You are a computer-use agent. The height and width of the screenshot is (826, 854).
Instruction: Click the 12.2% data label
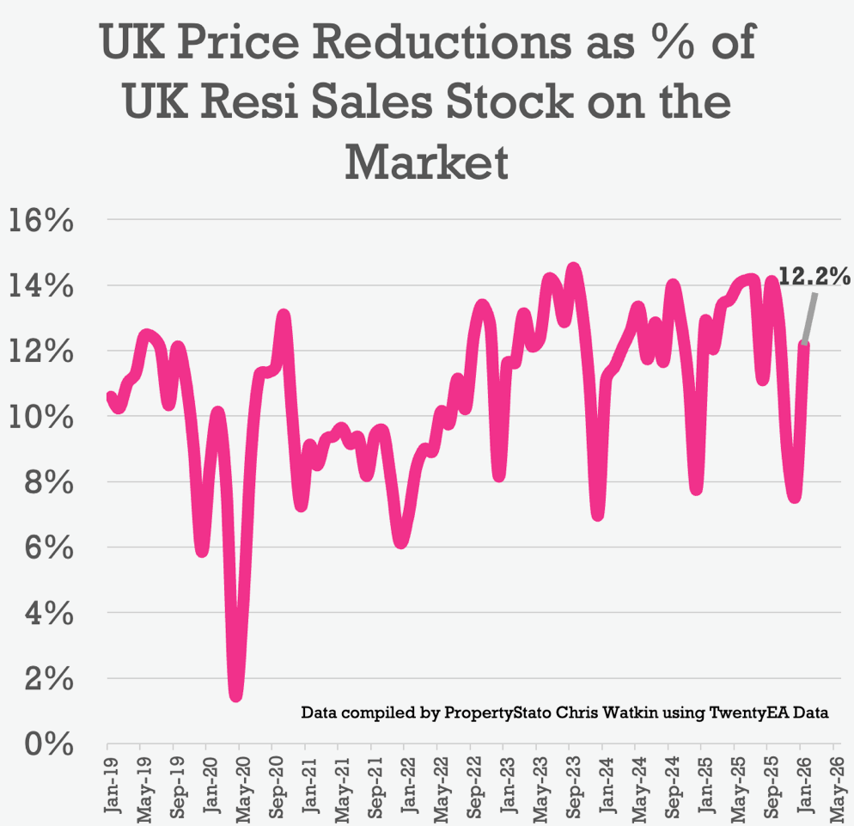(814, 276)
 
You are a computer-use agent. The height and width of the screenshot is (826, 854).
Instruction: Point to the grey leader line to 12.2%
(809, 316)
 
